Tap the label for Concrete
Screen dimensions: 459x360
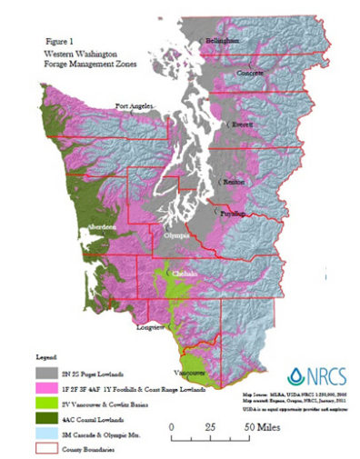pyautogui.click(x=252, y=71)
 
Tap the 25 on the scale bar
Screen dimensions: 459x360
pyautogui.click(x=209, y=425)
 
